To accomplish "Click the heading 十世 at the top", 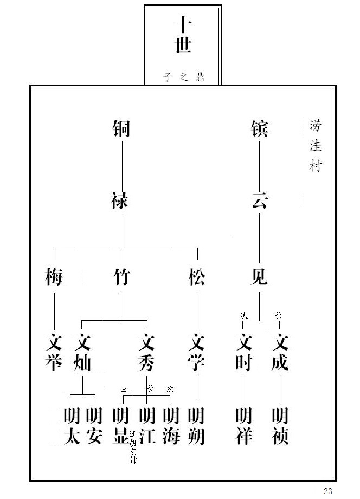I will (183, 35).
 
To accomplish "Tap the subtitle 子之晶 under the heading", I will (183, 76).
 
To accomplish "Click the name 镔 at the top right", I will (259, 129).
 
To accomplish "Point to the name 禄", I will (121, 202).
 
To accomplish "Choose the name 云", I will (259, 202).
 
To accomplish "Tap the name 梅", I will (54, 277).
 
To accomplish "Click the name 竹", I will (121, 277).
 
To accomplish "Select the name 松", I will (196, 277).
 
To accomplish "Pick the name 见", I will (259, 277).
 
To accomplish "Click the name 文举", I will (54, 353).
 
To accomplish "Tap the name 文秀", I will (146, 353).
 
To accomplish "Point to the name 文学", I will (196, 353).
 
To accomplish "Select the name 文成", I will (280, 353).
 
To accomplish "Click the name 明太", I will (72, 426).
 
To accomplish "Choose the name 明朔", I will (196, 426).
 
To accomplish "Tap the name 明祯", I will (280, 426).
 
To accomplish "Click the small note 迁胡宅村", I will (133, 447).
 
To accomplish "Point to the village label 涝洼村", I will (315, 145).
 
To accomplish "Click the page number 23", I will (327, 491).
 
